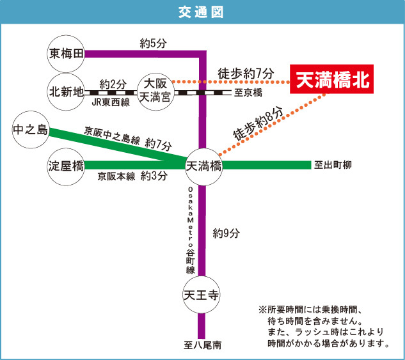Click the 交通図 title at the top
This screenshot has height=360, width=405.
click(x=202, y=13)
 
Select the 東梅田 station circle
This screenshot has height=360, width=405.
click(x=67, y=54)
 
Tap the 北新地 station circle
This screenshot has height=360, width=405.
click(x=67, y=92)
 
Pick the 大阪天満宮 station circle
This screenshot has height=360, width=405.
click(x=155, y=92)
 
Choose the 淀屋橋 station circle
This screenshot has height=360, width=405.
click(x=67, y=166)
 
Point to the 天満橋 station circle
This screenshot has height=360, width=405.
click(x=203, y=166)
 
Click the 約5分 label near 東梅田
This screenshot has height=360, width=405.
click(x=154, y=43)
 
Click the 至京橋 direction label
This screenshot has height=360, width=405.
click(x=248, y=93)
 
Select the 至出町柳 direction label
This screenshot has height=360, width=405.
click(x=333, y=165)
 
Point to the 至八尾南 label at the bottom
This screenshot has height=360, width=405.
click(x=202, y=346)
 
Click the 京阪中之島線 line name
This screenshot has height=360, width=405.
click(x=112, y=136)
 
